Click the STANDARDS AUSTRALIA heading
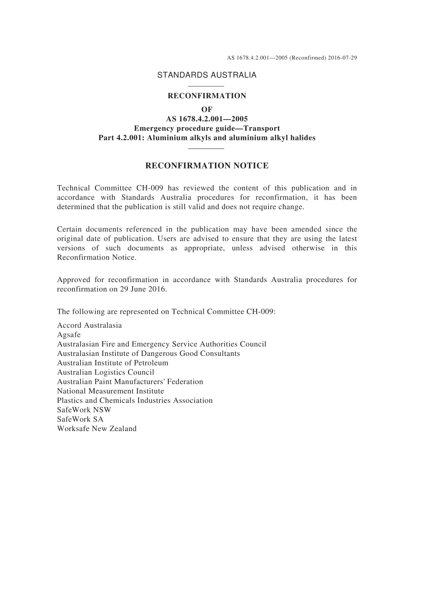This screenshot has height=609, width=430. (206, 75)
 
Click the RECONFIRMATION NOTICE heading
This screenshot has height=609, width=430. (207, 166)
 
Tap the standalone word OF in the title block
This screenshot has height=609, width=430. (207, 109)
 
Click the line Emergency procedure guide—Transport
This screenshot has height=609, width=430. (207, 128)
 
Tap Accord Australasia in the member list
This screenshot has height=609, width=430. (89, 325)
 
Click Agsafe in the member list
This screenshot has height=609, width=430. (69, 335)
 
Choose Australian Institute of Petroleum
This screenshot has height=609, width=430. (112, 363)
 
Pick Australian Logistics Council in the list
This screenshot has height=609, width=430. (105, 372)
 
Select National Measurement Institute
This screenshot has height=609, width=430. (110, 391)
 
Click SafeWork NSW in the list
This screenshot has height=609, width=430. (84, 410)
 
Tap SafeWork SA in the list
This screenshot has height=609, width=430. (80, 419)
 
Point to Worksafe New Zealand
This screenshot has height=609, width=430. (96, 428)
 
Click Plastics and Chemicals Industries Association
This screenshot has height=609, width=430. (134, 400)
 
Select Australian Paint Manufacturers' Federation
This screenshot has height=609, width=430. (130, 382)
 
